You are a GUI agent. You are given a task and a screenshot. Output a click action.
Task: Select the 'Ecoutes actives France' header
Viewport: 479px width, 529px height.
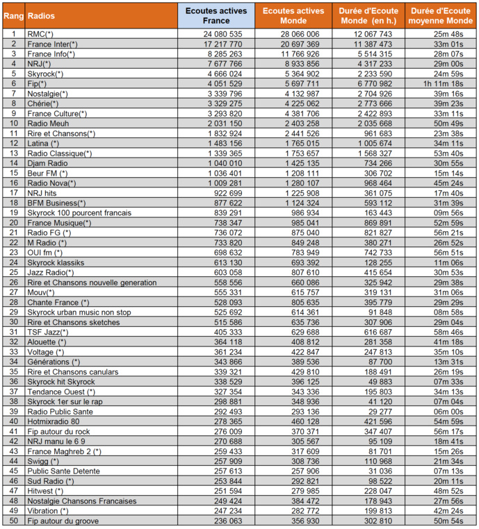click(x=216, y=15)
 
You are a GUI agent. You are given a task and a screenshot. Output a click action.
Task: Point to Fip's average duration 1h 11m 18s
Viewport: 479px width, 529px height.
click(x=442, y=83)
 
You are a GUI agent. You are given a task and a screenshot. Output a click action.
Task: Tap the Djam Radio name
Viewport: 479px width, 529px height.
click(x=47, y=162)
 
